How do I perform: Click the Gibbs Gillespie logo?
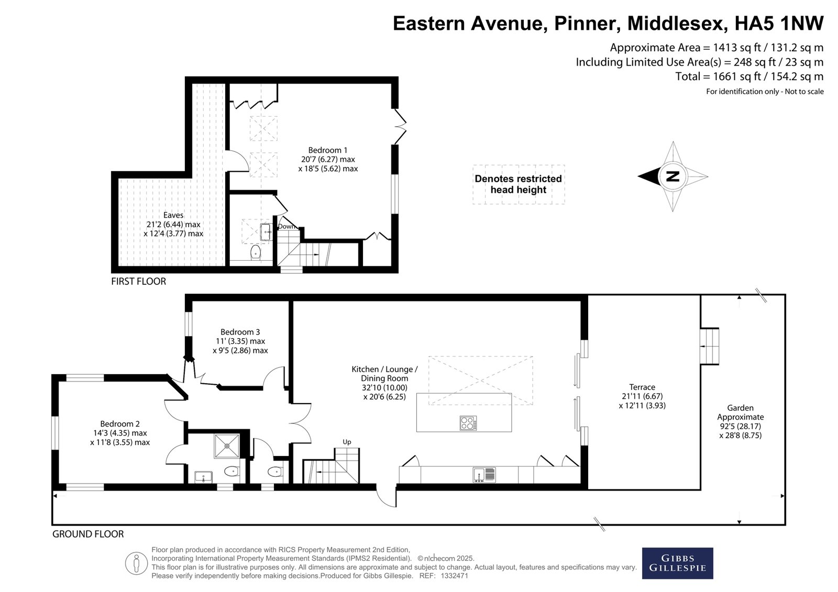click(677, 563)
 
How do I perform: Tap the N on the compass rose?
click(672, 176)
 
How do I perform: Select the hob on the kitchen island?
click(468, 423)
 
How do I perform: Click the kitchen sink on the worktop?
click(484, 475)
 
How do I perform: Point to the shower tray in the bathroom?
click(226, 446)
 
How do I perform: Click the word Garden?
click(740, 408)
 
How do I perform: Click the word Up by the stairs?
click(347, 442)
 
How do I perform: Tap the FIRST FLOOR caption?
click(138, 281)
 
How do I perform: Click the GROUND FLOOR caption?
click(88, 534)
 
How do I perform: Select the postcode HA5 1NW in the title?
click(779, 23)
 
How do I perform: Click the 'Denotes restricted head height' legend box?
click(519, 184)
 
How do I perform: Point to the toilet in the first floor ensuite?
click(256, 252)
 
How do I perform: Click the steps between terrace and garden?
click(709, 347)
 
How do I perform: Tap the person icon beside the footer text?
click(136, 563)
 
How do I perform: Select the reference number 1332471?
click(455, 576)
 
